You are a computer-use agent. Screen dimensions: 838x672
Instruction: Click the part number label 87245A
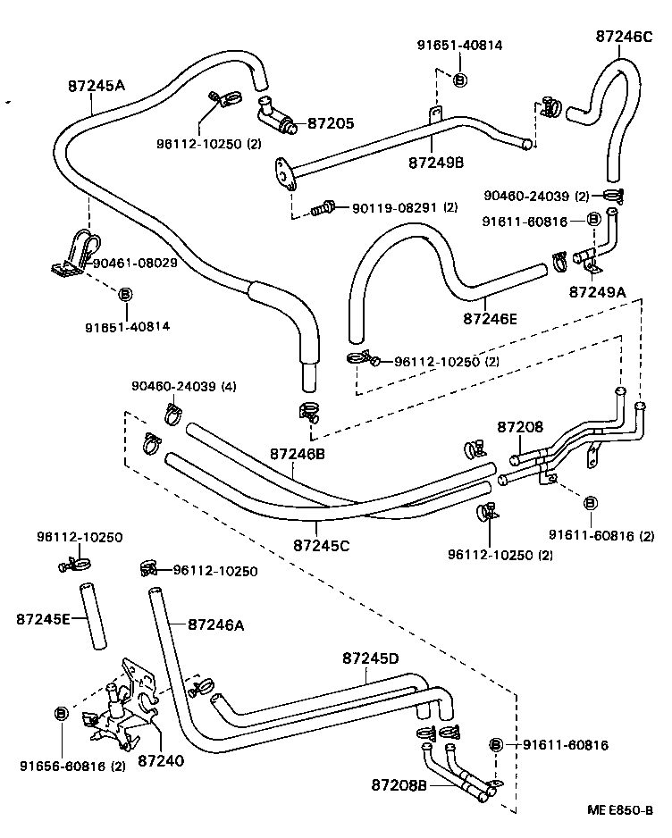click(97, 86)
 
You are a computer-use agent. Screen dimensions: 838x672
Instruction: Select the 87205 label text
click(331, 124)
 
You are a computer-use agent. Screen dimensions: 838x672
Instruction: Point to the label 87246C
click(625, 37)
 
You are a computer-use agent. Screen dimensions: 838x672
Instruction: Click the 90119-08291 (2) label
click(404, 207)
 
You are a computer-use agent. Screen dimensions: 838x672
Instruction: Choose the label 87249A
click(598, 291)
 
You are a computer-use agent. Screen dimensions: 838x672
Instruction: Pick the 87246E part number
click(491, 316)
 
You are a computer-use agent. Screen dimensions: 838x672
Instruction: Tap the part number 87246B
click(297, 454)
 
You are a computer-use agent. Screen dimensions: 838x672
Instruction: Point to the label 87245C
click(322, 544)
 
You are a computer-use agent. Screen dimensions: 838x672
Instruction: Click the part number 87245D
click(370, 658)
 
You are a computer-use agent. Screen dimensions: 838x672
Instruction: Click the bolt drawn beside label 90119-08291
click(323, 208)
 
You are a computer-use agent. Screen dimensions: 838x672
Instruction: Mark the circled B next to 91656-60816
click(62, 713)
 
